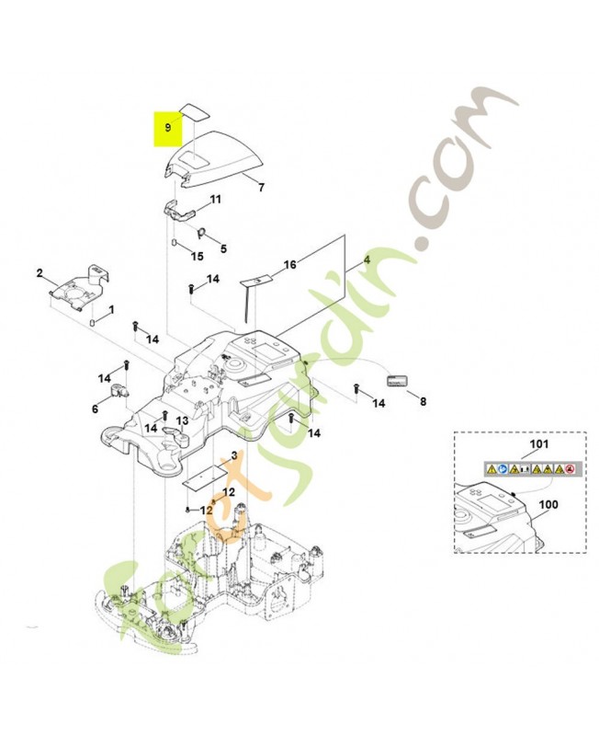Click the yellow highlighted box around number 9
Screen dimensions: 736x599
coord(167,129)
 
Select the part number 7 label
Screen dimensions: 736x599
coord(261,188)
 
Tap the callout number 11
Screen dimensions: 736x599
coord(216,200)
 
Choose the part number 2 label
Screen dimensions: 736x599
coord(40,273)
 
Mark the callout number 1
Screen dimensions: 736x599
coord(111,310)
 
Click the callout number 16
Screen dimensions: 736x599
coord(290,265)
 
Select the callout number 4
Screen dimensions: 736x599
coord(367,259)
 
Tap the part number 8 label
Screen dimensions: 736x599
coord(423,401)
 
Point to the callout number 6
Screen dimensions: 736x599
coord(95,408)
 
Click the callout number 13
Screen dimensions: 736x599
coord(182,420)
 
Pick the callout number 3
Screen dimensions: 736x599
coord(233,455)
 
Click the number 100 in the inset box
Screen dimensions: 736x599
coord(548,505)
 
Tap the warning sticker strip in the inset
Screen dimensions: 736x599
coord(530,469)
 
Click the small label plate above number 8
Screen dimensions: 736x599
coord(396,380)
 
